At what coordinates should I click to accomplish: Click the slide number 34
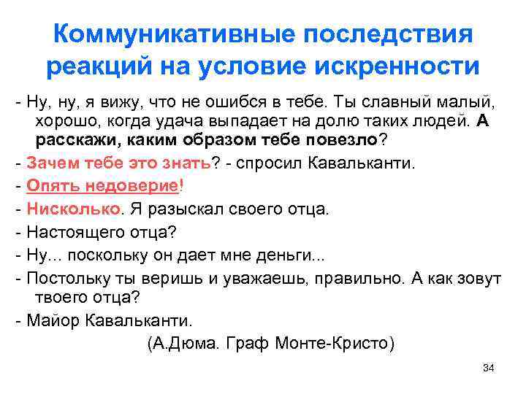pyautogui.click(x=489, y=367)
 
